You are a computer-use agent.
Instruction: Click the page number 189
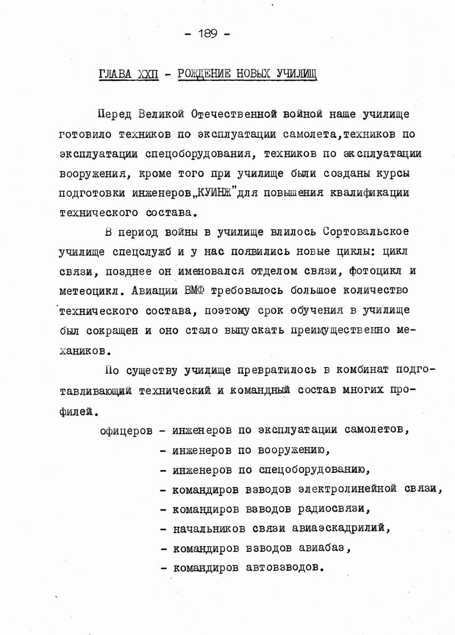(x=207, y=34)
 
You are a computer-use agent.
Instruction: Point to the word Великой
(x=161, y=114)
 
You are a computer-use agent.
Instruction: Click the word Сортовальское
(x=366, y=232)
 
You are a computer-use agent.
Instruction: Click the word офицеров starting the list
(x=126, y=430)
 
